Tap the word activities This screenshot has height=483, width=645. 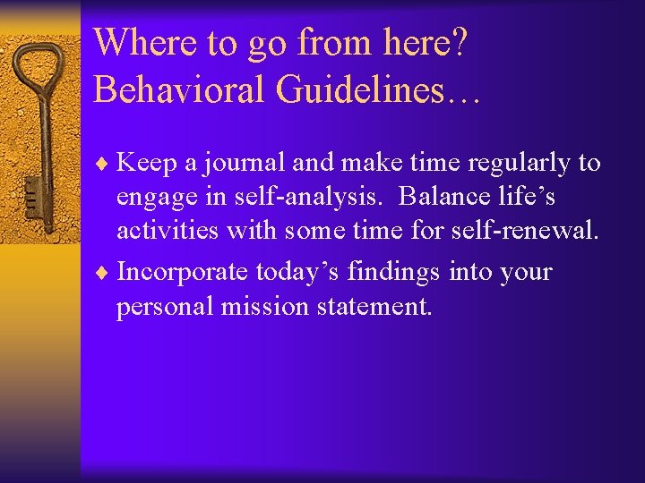[x=168, y=231]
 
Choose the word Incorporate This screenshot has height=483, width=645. [x=183, y=272]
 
